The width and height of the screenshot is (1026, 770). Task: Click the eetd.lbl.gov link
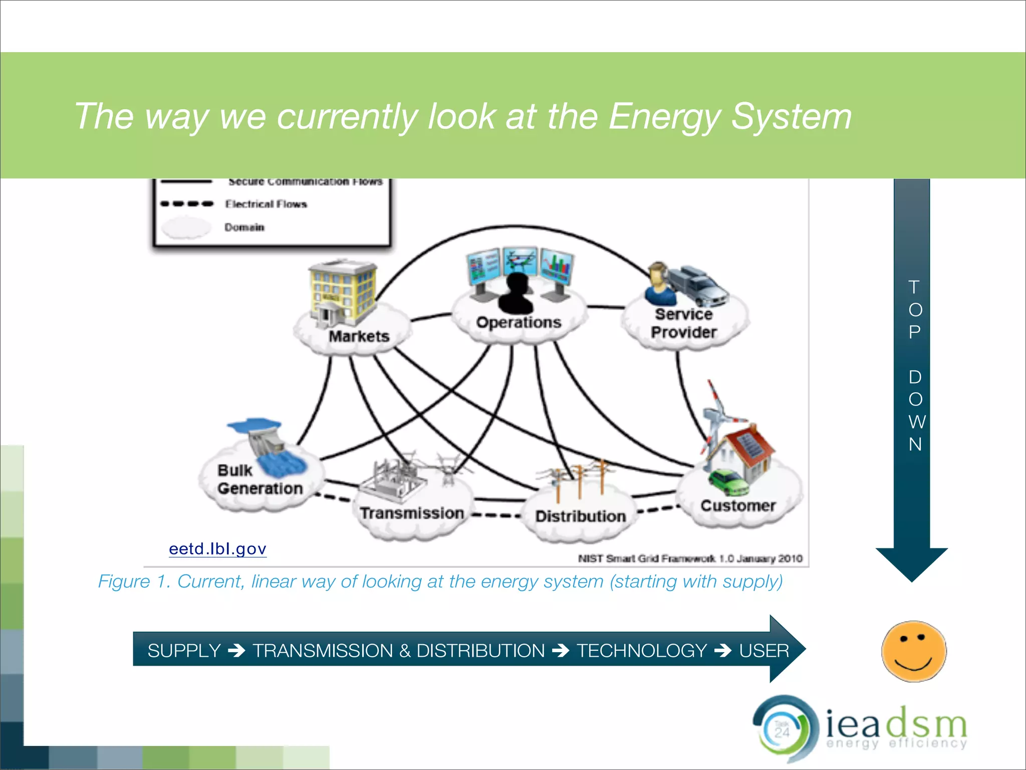tap(217, 548)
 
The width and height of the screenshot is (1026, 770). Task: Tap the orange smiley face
tap(914, 651)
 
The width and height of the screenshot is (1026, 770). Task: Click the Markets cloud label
tap(359, 336)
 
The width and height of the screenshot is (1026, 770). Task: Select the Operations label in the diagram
tap(519, 322)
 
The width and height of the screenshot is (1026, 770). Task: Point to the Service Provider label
tap(683, 323)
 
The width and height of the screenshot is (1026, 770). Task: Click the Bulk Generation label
tap(260, 479)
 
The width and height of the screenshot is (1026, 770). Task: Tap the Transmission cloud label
tap(412, 513)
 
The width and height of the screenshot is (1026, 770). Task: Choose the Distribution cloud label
tap(580, 516)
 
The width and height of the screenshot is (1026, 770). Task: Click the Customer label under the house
tap(737, 505)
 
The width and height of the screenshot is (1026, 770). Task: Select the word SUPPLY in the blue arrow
tap(184, 651)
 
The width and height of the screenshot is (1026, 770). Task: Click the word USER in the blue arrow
tap(763, 651)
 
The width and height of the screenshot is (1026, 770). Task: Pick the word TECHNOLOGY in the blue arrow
tap(642, 651)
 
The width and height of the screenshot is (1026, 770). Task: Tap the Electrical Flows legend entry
tap(266, 204)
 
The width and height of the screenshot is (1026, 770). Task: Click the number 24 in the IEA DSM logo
tap(782, 733)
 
